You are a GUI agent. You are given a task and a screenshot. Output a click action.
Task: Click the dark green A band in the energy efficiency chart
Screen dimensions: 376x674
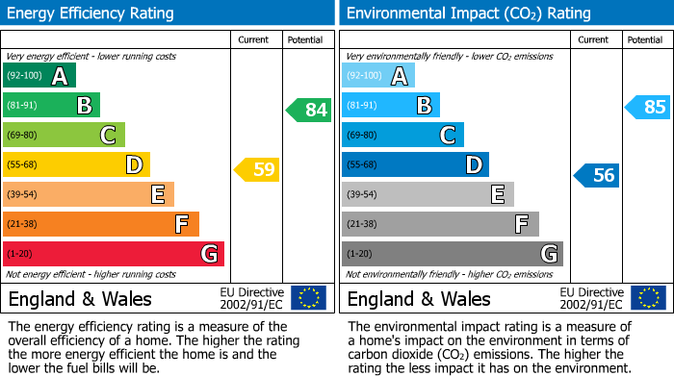click(x=39, y=76)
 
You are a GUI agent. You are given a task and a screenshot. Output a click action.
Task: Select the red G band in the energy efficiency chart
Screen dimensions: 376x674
click(x=113, y=254)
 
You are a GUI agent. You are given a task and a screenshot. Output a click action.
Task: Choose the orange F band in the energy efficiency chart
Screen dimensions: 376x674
click(x=100, y=224)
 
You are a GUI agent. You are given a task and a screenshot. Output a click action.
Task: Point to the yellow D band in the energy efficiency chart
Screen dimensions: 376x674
click(x=75, y=164)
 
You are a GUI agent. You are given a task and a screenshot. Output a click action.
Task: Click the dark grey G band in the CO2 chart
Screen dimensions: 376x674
click(x=452, y=254)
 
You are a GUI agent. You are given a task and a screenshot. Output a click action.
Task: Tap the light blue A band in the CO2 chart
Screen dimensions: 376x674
click(x=377, y=76)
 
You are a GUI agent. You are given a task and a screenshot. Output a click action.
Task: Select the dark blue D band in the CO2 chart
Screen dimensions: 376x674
click(x=414, y=164)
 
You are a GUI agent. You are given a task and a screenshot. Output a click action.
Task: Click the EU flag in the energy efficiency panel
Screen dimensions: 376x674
click(x=308, y=297)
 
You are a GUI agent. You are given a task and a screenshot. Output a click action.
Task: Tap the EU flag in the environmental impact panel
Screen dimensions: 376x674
click(x=648, y=297)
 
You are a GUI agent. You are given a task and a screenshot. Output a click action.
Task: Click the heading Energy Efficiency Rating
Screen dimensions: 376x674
click(x=91, y=13)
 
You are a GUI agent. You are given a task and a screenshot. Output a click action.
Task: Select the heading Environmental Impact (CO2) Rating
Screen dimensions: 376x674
click(x=468, y=13)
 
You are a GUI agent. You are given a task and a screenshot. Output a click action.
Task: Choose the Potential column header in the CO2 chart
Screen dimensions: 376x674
click(x=645, y=39)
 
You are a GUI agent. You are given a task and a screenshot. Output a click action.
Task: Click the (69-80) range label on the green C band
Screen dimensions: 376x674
click(x=24, y=136)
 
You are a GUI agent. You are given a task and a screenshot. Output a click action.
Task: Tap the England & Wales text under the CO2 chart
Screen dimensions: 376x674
click(x=419, y=298)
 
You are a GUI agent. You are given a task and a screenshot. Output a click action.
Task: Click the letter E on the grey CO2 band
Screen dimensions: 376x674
click(x=497, y=194)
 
